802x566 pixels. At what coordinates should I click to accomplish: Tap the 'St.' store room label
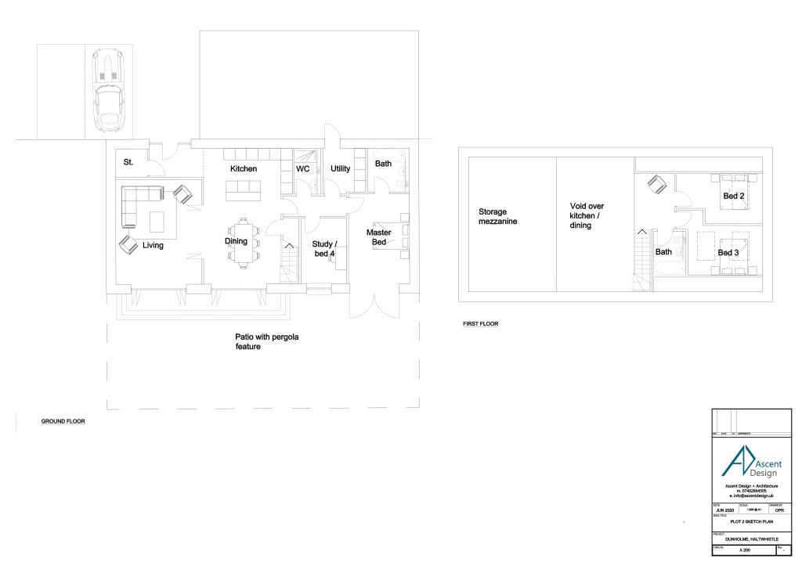click(128, 163)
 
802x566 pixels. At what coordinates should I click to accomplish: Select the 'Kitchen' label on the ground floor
click(244, 169)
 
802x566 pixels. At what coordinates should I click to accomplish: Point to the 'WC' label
click(303, 169)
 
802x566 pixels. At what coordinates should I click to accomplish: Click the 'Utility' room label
click(340, 169)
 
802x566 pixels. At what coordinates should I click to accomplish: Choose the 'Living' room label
click(153, 246)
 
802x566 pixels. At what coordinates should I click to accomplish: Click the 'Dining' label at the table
click(237, 242)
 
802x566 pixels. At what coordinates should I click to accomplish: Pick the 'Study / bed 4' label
click(324, 249)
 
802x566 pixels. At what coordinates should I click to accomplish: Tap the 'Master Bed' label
click(379, 238)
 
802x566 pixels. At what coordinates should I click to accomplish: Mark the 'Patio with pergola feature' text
click(268, 342)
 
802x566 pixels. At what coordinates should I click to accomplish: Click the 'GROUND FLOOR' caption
click(63, 421)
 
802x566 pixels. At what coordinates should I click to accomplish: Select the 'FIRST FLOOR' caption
click(480, 323)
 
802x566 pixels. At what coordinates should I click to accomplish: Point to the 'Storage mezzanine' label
click(498, 216)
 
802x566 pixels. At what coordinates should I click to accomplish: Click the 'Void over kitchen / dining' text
click(587, 216)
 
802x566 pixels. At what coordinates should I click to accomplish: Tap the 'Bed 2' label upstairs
click(733, 196)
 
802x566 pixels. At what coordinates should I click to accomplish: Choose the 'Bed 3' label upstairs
click(728, 253)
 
